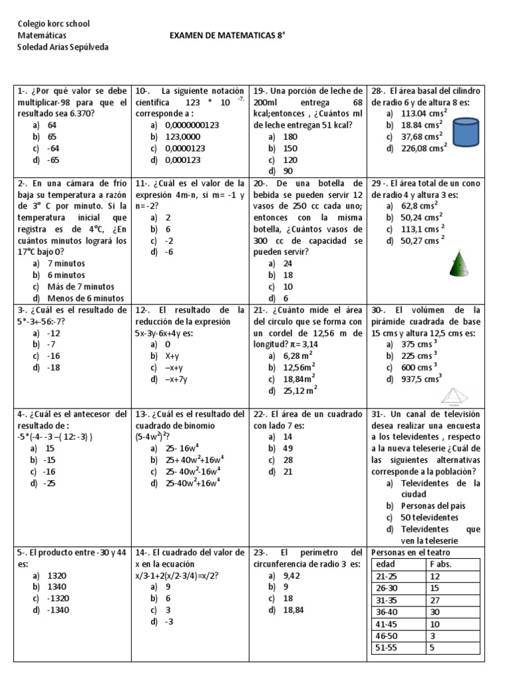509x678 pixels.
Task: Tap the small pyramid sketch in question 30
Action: click(455, 397)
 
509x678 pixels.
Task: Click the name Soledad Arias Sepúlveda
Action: click(63, 46)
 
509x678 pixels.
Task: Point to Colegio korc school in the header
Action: click(54, 24)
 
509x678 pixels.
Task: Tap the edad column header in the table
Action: click(385, 563)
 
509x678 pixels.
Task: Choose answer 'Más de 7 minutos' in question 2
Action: click(80, 287)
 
